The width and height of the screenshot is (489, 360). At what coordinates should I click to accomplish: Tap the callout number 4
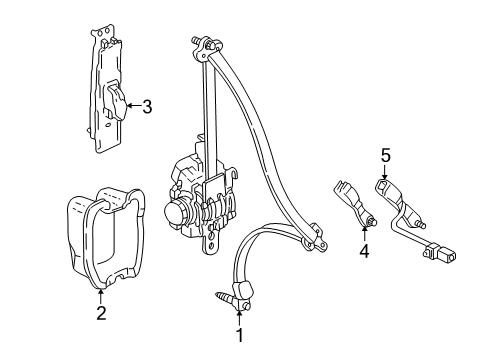click(364, 251)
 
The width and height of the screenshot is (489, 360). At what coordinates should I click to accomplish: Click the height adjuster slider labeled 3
click(116, 102)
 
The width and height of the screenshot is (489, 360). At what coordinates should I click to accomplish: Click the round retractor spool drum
click(178, 212)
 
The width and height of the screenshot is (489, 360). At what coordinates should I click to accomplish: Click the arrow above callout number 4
click(364, 233)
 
